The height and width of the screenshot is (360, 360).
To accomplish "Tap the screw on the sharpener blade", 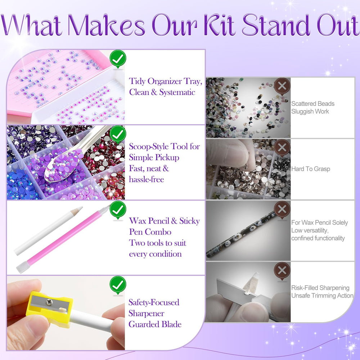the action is (49, 302).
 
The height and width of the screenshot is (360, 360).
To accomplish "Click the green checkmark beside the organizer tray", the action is (118, 59).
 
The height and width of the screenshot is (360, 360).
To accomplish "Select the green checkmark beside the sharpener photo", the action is (118, 285).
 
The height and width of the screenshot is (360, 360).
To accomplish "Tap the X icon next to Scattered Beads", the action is (282, 86).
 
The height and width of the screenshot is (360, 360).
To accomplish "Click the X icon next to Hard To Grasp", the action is (282, 148).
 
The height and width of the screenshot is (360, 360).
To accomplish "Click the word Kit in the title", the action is (219, 25).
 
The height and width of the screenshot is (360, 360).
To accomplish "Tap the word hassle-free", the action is (147, 179).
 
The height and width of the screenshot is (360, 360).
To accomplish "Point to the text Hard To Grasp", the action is (311, 169).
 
